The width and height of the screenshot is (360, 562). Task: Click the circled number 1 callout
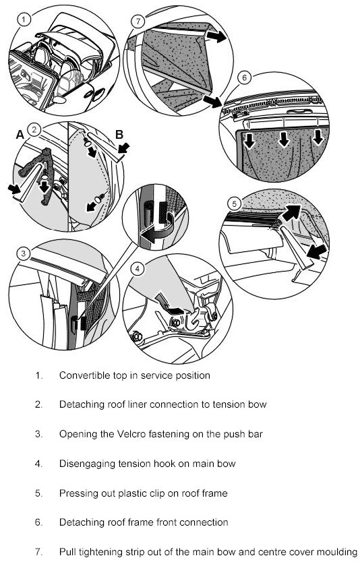pos(24,20)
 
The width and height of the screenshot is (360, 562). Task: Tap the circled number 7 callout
pos(138,21)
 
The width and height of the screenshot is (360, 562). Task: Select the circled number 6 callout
pos(245,77)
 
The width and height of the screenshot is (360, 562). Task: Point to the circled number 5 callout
pos(235,204)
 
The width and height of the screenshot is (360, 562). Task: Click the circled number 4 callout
pos(138,269)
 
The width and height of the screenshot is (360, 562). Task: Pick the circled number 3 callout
pos(24,254)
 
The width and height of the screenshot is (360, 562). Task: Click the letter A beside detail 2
pos(20,134)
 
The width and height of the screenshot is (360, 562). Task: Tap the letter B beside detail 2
pos(119,134)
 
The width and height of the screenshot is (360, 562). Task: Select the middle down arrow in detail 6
pos(284,139)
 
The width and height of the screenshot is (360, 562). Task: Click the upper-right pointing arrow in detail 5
pos(291,213)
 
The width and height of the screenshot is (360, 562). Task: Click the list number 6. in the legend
pos(38,522)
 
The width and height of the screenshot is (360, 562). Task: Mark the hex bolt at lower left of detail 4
pos(137,336)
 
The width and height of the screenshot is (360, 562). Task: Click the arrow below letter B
pos(123,148)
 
